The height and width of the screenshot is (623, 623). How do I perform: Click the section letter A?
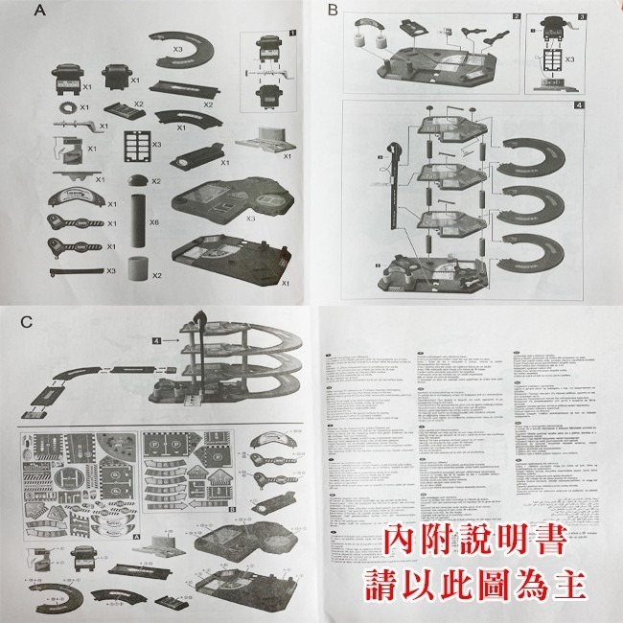(39, 12)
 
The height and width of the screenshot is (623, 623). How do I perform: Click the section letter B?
(334, 12)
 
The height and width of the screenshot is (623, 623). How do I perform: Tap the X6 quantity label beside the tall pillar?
(153, 221)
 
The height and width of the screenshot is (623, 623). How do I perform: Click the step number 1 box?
(291, 34)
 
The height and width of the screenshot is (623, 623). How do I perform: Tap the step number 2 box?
(516, 17)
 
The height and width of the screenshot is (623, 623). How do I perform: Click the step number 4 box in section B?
(581, 105)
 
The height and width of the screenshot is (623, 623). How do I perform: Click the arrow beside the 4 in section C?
(173, 339)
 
